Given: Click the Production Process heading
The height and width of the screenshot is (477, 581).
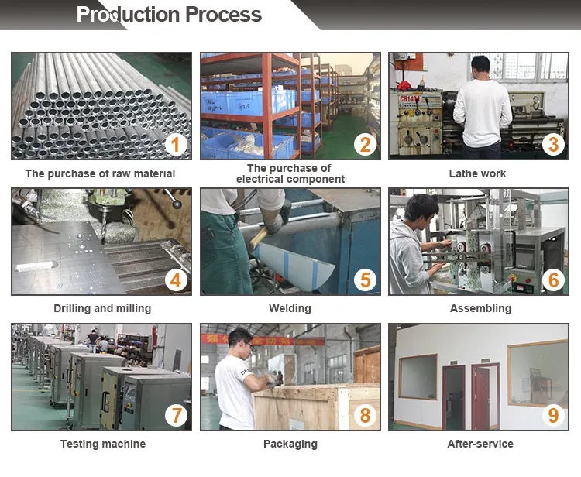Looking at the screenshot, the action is coord(169,15).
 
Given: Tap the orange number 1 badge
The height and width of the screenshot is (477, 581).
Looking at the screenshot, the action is coord(176,145).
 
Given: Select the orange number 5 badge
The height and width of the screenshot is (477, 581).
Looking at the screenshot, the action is coord(365,280).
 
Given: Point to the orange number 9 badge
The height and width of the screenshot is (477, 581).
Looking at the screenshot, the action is coord(553,415).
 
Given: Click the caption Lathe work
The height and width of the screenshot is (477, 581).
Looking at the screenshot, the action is coord(477,173).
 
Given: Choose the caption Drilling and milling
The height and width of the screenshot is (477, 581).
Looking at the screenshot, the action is coord(102,308).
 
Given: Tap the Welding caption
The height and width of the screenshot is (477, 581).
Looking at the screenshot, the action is coord(290,308).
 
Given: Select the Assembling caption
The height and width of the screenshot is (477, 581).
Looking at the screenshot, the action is coord(480,308).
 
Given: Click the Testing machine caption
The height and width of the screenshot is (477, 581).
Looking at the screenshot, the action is coord(103,444).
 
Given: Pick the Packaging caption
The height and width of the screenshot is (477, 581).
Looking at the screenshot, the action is coord(290,444).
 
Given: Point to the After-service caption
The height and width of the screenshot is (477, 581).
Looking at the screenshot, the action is coord(480,444).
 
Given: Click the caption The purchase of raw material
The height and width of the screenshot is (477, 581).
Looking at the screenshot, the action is coord(100,173).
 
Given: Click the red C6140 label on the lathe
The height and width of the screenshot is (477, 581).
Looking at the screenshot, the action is coord(410,99).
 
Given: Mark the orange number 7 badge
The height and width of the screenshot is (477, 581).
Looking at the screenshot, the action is coord(176,415).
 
